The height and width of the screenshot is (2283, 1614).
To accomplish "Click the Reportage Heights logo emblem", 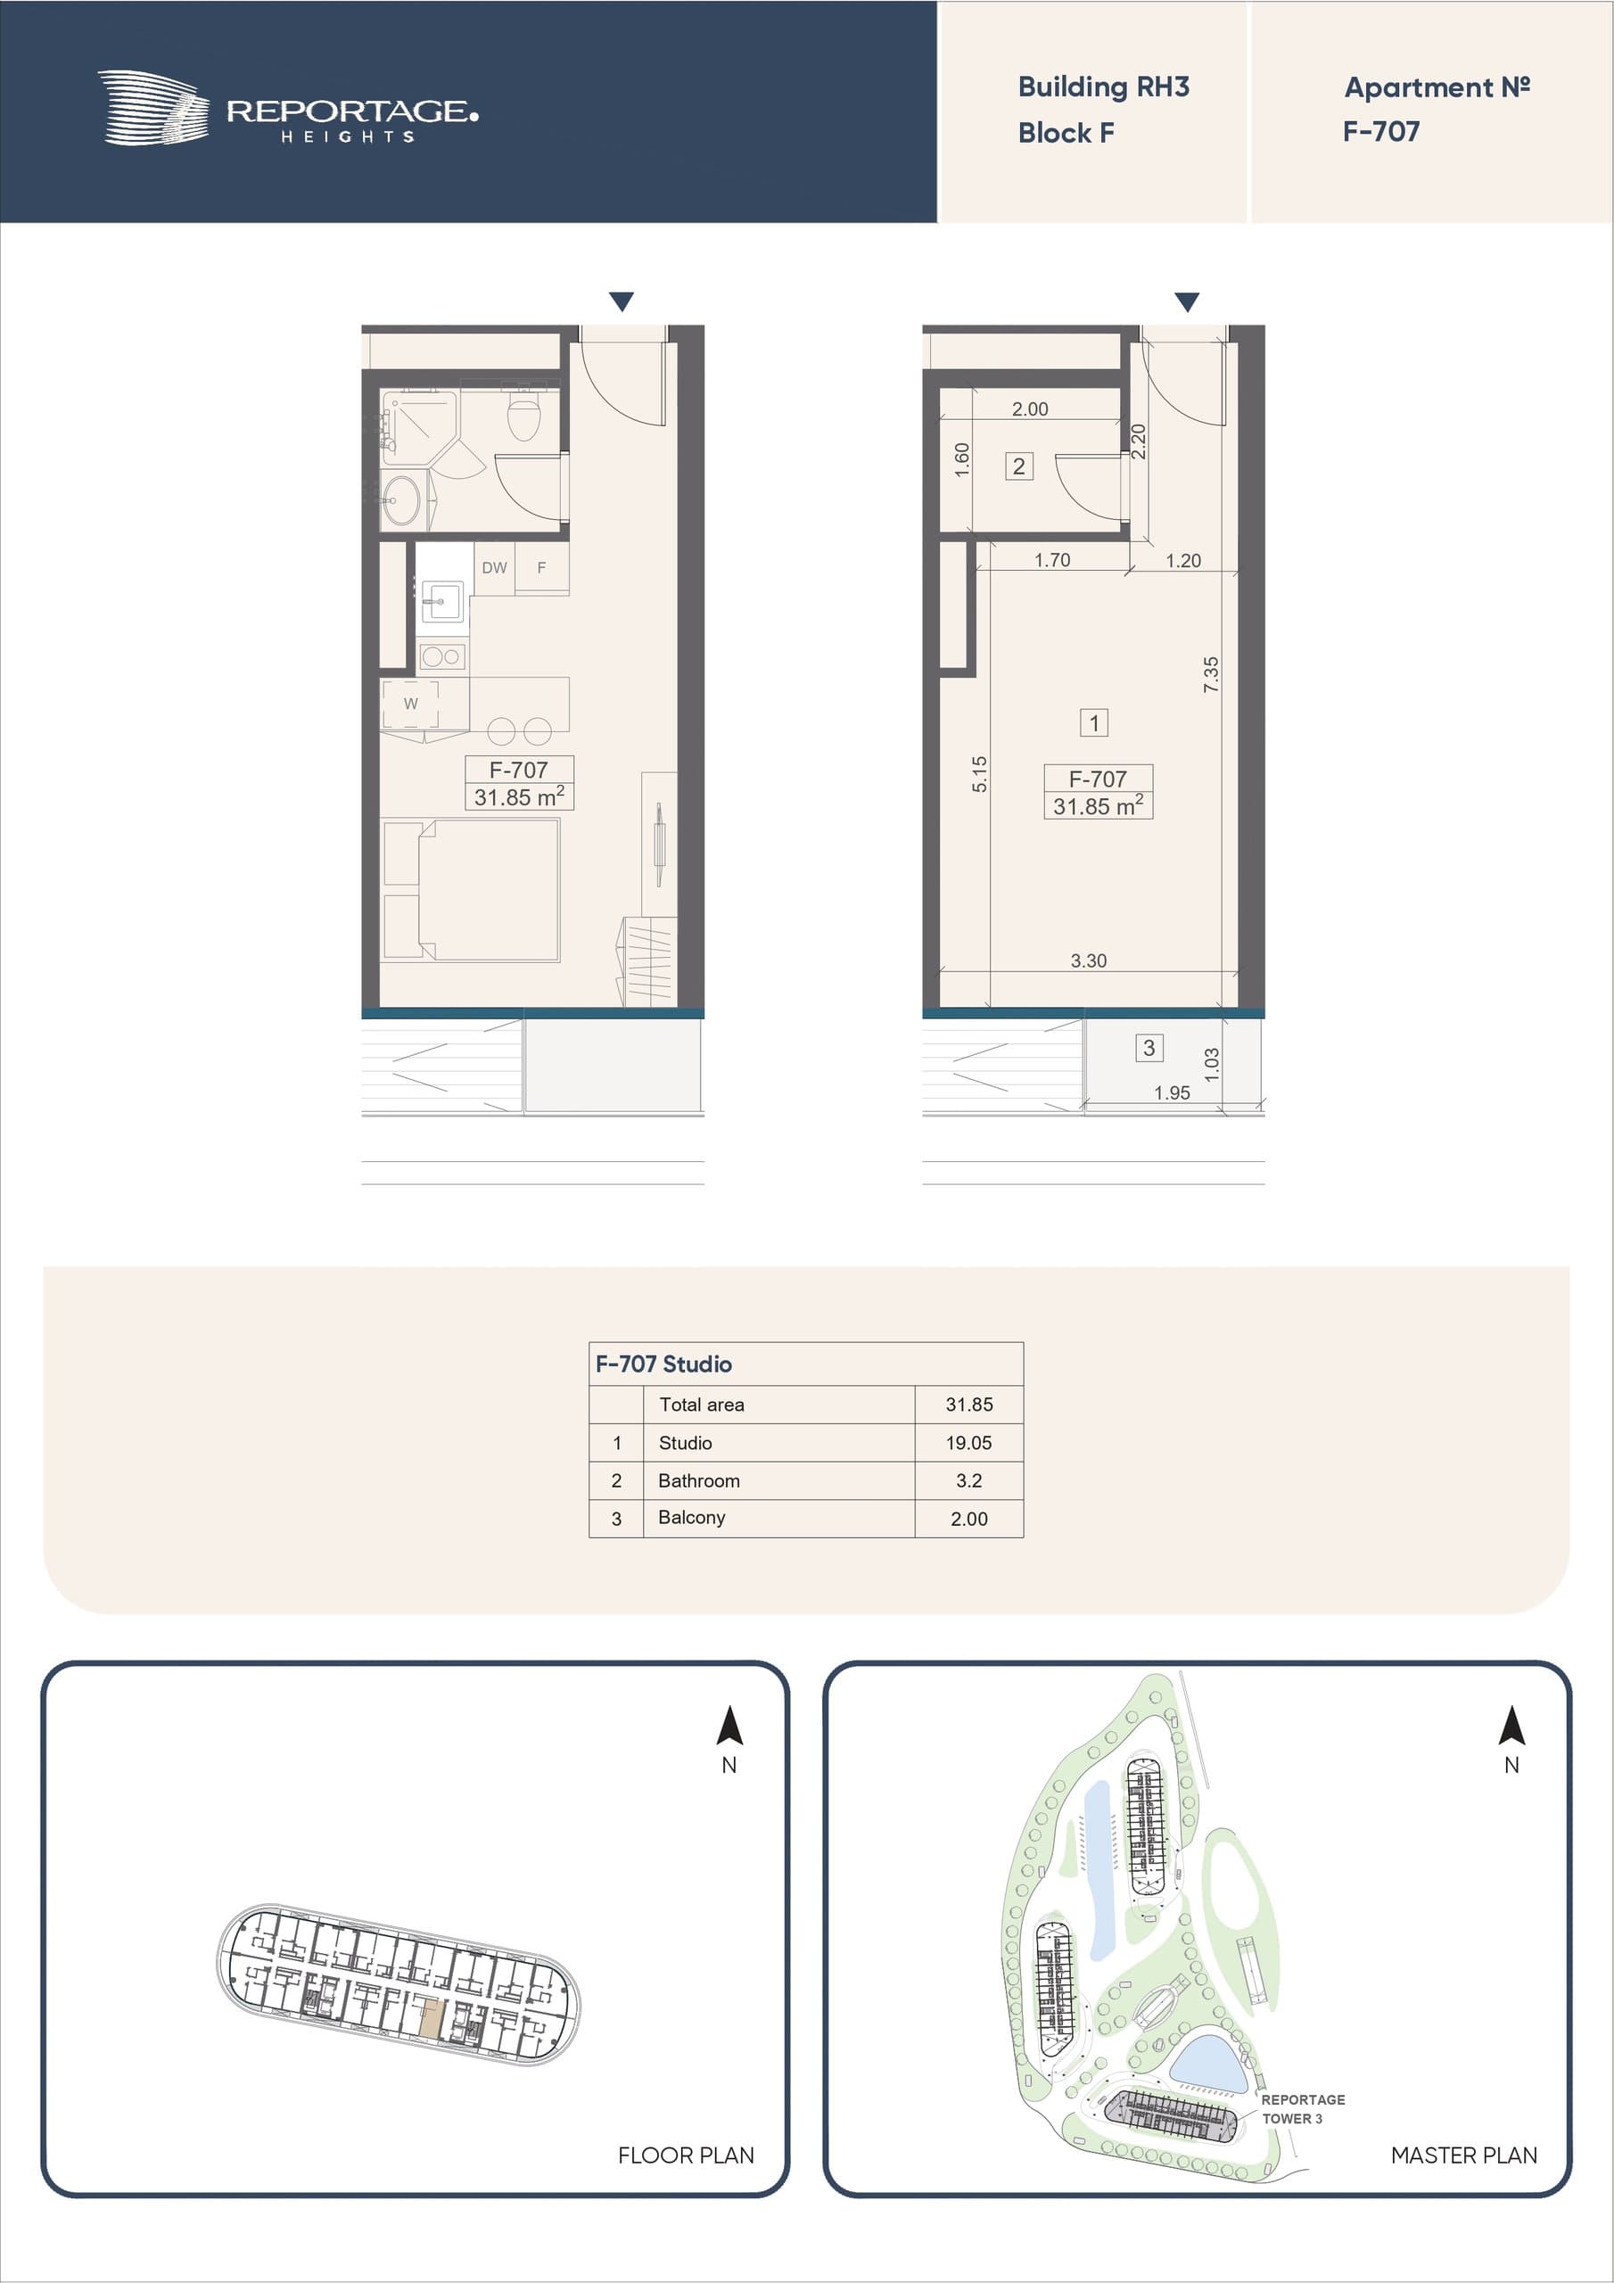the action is pos(153,107).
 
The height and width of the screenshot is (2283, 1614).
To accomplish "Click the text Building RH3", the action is pos(1103,87).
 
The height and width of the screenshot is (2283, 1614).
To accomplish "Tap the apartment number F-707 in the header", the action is pos(1381,131).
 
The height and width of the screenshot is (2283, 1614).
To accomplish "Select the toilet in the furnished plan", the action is pos(524,415).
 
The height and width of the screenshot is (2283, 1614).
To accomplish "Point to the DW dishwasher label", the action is pos(494,568).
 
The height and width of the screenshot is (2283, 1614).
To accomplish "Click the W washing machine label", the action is pos(411,703).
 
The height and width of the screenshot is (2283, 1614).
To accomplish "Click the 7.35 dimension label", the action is pos(1210,674).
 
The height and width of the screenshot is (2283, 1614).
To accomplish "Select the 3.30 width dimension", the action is pos(1088,960).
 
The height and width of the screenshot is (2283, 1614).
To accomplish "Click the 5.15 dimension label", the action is pos(979,773).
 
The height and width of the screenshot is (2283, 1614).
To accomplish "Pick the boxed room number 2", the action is pos(1018,466).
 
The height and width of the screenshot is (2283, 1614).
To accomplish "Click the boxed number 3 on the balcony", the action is pos(1149,1047).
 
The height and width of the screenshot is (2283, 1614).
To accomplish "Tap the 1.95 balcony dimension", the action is pos(1172,1092).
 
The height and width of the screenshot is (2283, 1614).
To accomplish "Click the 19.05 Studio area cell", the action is pos(968,1443).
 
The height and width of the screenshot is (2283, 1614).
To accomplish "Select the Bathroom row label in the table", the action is pos(699,1480).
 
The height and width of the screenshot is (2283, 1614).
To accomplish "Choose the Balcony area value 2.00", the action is pos(968,1519).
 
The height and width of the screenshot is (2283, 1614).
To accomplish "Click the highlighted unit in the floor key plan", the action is pos(430,2020).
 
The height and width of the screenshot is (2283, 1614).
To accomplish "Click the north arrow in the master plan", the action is pos(1511,1724).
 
